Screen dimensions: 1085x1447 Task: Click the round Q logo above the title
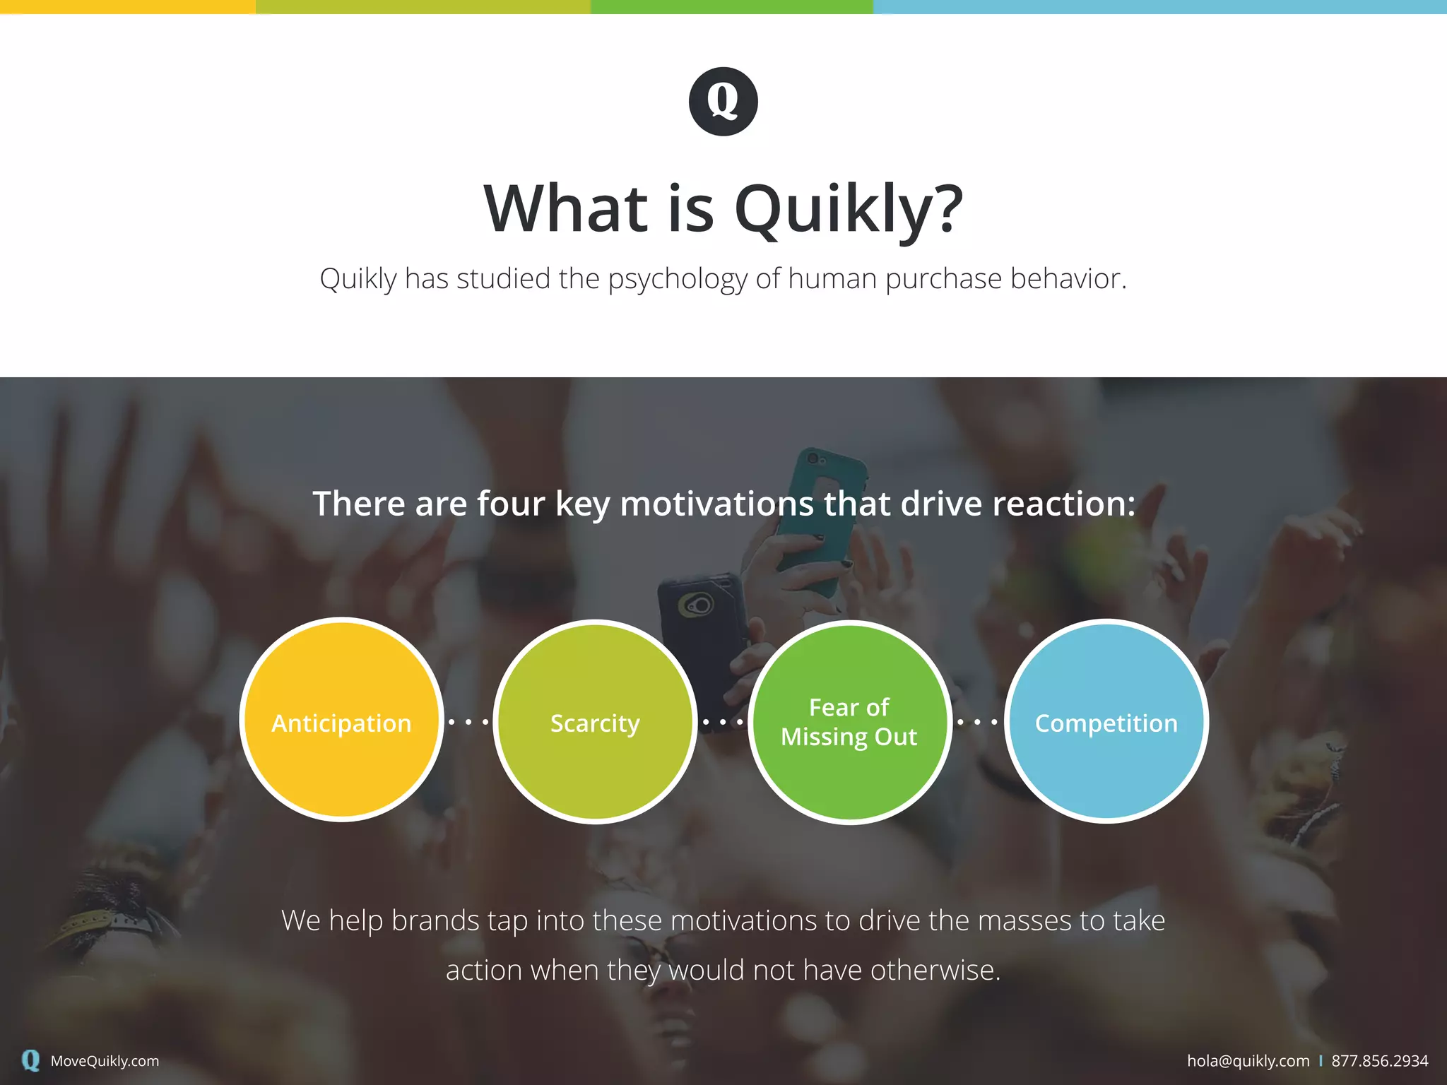point(723,101)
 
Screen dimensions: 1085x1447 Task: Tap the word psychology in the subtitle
point(677,279)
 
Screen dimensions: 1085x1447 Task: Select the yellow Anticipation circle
point(341,721)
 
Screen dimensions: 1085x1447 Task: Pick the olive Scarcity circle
point(595,722)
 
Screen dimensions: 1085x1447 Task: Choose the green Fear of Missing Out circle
point(849,722)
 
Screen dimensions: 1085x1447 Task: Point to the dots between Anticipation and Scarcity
point(468,722)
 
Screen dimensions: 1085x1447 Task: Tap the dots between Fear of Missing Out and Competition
point(977,722)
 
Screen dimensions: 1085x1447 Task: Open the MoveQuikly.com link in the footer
point(105,1061)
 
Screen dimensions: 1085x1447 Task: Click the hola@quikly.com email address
point(1248,1061)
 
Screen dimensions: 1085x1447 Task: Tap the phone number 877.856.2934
point(1379,1061)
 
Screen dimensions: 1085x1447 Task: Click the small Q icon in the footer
point(30,1060)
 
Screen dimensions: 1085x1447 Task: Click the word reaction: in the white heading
point(1063,504)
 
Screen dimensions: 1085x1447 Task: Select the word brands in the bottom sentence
point(435,921)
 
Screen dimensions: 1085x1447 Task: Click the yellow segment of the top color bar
point(127,6)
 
